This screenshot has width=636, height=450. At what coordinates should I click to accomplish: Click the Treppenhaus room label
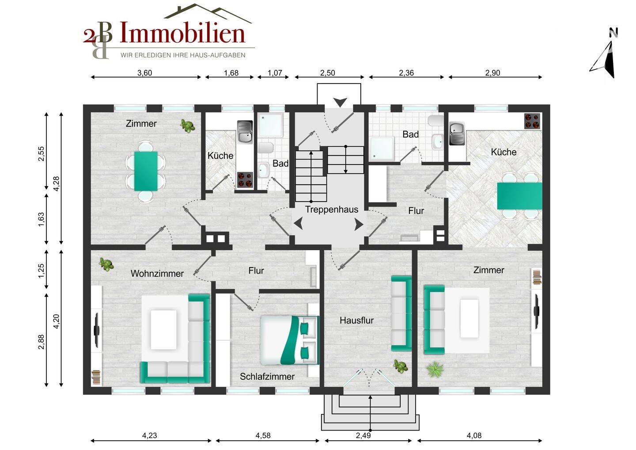331,210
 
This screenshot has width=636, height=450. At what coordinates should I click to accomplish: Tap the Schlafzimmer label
267,377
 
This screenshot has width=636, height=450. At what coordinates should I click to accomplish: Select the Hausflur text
356,320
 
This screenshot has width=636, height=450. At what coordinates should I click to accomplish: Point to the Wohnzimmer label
157,274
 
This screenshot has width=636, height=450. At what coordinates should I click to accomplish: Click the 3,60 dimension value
145,73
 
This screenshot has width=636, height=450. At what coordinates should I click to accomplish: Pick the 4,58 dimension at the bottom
263,435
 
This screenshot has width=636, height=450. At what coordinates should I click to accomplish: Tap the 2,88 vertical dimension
41,342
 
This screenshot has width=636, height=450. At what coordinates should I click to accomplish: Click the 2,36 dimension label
406,73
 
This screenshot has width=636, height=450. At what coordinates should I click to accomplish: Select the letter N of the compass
613,32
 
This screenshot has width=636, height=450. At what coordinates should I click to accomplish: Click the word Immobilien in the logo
182,32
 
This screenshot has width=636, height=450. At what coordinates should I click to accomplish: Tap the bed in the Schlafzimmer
290,340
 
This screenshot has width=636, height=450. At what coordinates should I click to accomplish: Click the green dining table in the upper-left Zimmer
146,171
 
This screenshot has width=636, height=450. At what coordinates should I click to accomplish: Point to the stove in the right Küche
532,121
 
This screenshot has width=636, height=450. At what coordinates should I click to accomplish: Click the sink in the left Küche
245,132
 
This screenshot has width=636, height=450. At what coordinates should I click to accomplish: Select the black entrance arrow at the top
340,102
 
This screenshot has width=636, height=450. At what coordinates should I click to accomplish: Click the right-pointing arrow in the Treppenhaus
359,225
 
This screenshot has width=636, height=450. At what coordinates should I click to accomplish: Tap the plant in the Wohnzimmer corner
106,264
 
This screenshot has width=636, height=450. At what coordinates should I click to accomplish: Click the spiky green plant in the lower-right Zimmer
435,370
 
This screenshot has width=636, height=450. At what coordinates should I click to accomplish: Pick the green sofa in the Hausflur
401,313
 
